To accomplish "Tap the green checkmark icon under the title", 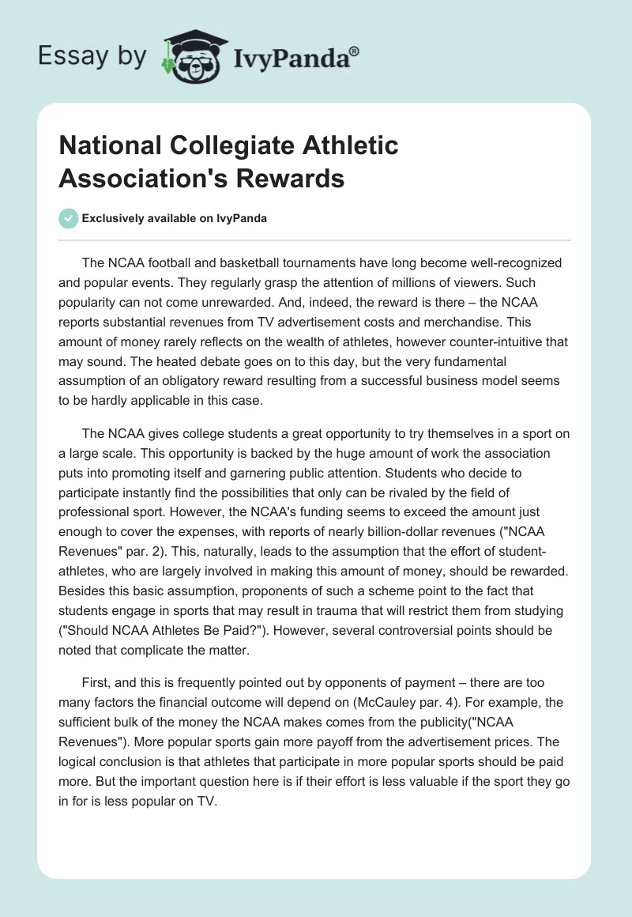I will [x=69, y=218].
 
